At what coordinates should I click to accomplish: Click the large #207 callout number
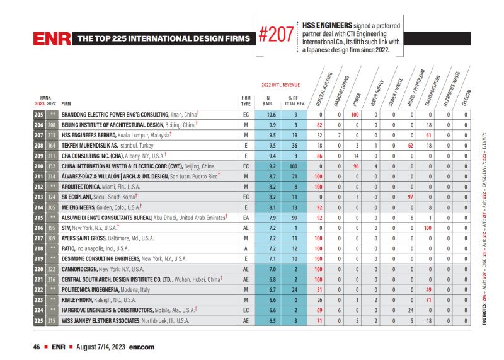(x=277, y=35)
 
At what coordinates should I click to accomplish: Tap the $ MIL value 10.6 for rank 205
(x=271, y=115)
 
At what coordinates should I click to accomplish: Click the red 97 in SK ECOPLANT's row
(x=410, y=197)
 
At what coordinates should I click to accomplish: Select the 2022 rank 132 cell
(x=52, y=166)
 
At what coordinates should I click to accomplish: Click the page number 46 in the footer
(x=37, y=347)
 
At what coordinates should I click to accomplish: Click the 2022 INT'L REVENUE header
(x=280, y=84)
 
